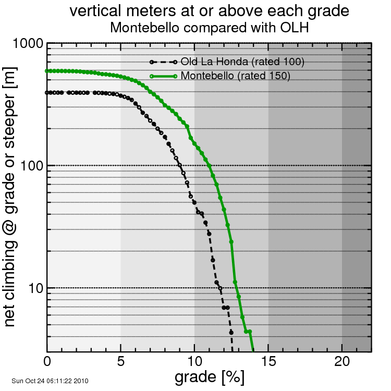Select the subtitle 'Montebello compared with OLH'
[x=209, y=27]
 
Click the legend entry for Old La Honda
[x=242, y=62]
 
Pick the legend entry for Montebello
[x=235, y=76]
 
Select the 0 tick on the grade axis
[x=47, y=361]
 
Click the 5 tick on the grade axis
[x=121, y=361]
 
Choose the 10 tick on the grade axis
[x=194, y=361]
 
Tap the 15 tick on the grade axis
[x=268, y=361]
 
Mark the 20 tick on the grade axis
[x=342, y=361]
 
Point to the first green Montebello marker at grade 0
[x=47, y=71]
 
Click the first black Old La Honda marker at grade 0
[x=47, y=93]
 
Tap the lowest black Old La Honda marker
[x=231, y=332]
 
